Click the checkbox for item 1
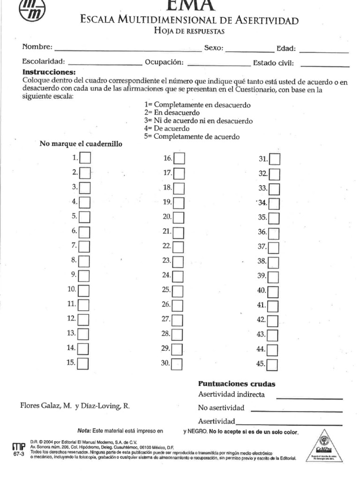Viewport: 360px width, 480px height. pyautogui.click(x=85, y=158)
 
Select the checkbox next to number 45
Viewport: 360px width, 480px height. pyautogui.click(x=272, y=364)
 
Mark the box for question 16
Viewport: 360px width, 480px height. pyautogui.click(x=179, y=158)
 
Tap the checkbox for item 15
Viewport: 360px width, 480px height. pyautogui.click(x=83, y=363)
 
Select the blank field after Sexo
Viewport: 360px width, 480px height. pyautogui.click(x=249, y=49)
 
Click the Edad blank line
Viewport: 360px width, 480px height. pyautogui.click(x=323, y=50)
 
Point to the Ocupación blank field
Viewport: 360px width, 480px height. pyautogui.click(x=218, y=63)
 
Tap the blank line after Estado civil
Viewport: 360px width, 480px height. pyautogui.click(x=325, y=64)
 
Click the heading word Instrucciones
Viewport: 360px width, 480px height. pyautogui.click(x=49, y=73)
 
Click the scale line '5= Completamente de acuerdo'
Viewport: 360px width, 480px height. pyautogui.click(x=192, y=137)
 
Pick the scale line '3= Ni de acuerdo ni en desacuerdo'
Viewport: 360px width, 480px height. pyautogui.click(x=198, y=121)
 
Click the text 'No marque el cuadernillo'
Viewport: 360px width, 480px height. pyautogui.click(x=81, y=144)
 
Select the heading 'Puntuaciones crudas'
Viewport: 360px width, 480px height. pyautogui.click(x=237, y=384)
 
